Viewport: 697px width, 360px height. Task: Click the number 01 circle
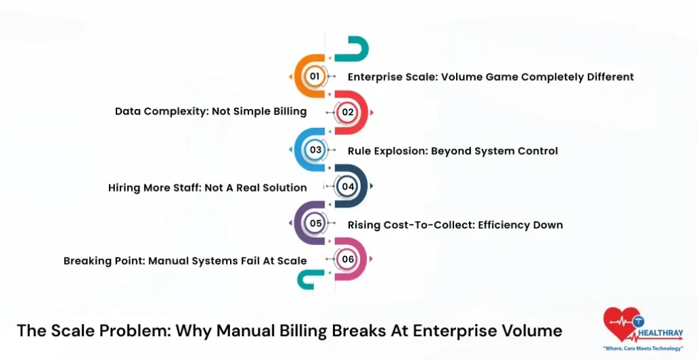[314, 76]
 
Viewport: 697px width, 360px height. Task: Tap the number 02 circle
[348, 112]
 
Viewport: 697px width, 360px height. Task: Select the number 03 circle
[315, 150]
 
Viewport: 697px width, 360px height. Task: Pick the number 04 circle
[348, 186]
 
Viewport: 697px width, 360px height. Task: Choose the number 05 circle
[315, 223]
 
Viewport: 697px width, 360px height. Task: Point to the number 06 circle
[348, 259]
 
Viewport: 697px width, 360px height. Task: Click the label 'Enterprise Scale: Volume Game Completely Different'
[490, 77]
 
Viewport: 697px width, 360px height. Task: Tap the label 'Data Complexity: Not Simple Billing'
[210, 112]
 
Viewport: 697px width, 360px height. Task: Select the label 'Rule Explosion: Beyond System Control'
[452, 150]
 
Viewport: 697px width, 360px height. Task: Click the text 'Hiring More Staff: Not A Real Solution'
[207, 187]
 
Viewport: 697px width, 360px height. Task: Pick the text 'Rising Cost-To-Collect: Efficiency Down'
[455, 225]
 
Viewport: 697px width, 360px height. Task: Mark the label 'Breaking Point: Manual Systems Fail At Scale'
[184, 261]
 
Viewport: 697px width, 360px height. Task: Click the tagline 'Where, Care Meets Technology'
[643, 348]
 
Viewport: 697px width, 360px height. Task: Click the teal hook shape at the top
[356, 48]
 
